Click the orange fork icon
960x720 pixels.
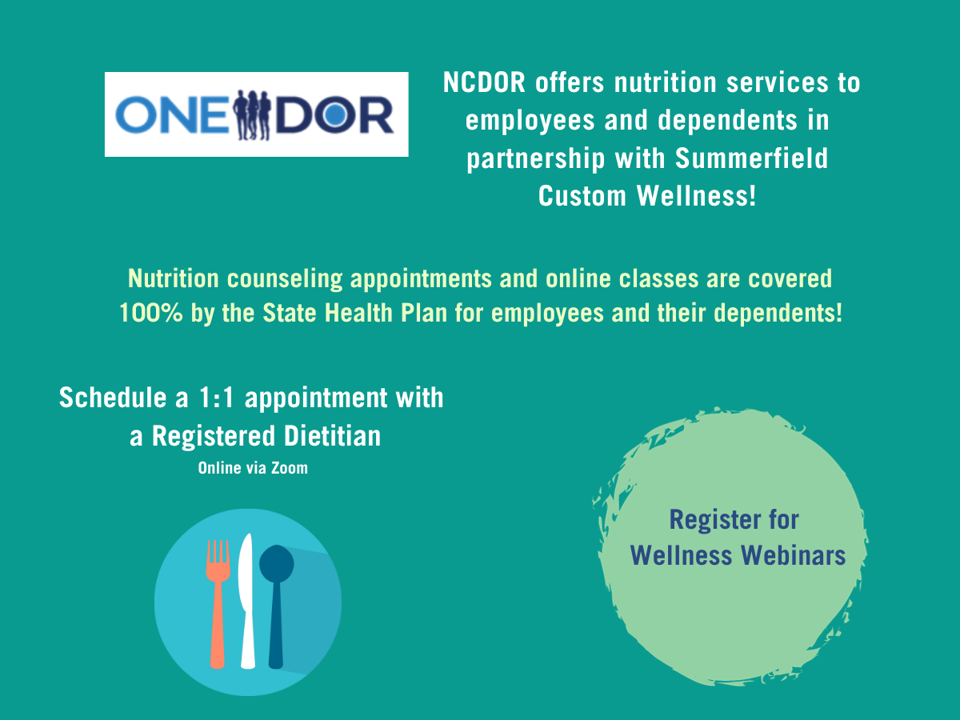pos(218,603)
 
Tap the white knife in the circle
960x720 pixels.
pos(246,601)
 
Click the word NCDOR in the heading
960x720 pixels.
pos(484,82)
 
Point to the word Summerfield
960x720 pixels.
pos(751,158)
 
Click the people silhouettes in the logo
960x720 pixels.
pos(252,115)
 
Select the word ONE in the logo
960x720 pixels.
pos(172,115)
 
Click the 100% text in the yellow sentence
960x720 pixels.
pos(151,313)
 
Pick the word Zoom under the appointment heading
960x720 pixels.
pos(289,468)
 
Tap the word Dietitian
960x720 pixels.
pos(332,436)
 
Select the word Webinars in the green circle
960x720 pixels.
pos(793,555)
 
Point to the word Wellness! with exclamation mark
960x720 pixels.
pos(696,195)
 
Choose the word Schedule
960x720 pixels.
pos(113,398)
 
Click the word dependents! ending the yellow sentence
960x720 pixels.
pos(778,313)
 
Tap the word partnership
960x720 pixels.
pos(536,159)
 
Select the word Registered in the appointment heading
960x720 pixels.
pos(214,437)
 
